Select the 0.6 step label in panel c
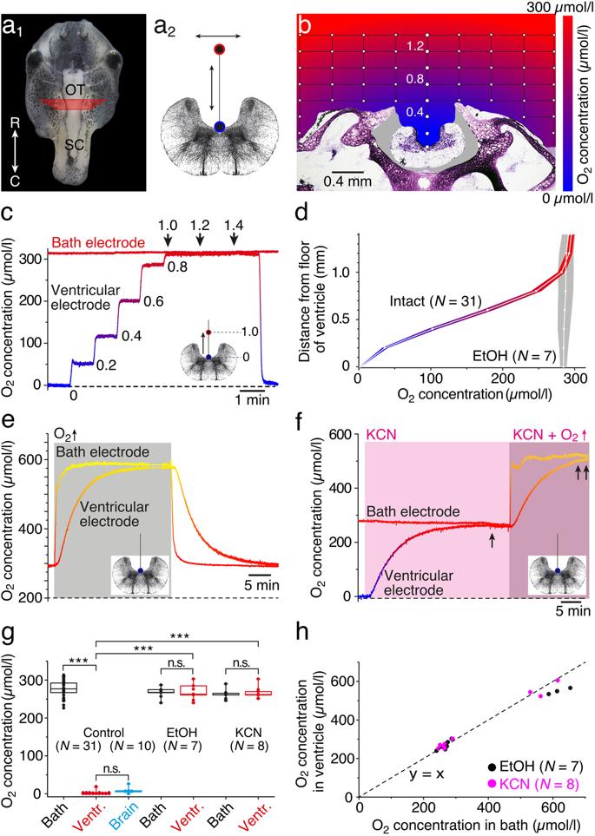click(x=155, y=303)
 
